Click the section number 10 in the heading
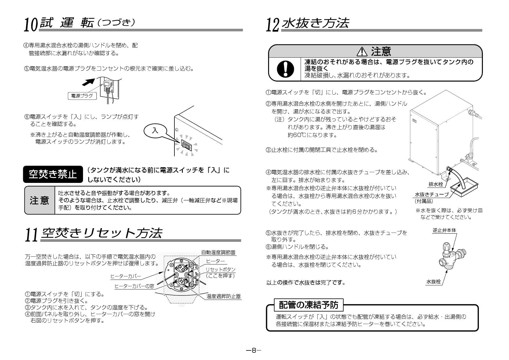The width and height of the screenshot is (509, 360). tap(31, 25)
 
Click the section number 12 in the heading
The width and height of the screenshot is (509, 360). tap(273, 25)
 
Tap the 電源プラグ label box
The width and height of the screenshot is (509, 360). tap(82, 96)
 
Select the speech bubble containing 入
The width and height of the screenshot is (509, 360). tap(156, 131)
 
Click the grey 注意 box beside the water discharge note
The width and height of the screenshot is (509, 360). tap(39, 200)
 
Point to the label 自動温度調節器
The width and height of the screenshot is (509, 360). tap(218, 253)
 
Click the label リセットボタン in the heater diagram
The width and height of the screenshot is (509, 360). tap(221, 269)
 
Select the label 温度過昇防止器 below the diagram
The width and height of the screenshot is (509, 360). tap(223, 296)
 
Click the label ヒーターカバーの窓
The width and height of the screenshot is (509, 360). tap(134, 286)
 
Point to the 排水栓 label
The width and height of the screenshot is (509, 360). tap(436, 184)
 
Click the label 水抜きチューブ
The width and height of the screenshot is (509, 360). tap(432, 195)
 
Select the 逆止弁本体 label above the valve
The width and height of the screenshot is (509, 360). tap(444, 230)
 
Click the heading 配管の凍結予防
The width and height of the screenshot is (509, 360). tap(308, 305)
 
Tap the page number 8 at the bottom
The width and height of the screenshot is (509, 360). tap(254, 351)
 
